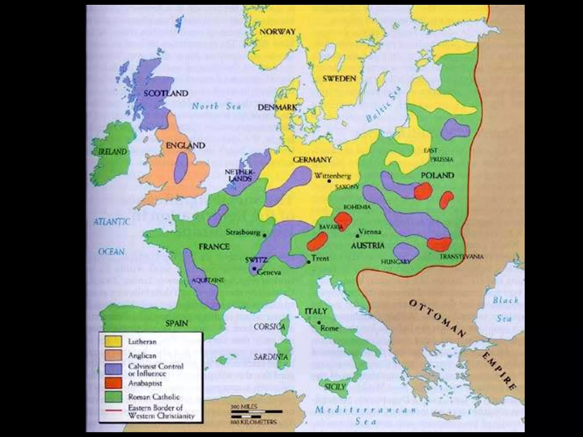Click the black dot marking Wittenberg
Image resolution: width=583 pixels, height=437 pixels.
click(x=329, y=181)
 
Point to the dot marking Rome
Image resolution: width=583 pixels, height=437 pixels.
click(x=319, y=323)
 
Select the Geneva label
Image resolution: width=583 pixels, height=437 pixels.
click(x=269, y=273)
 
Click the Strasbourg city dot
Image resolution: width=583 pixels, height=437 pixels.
click(x=264, y=235)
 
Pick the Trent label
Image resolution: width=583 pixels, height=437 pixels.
click(x=320, y=258)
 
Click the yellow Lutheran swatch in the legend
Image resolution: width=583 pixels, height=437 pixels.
click(x=113, y=341)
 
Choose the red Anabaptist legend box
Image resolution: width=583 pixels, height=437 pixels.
click(x=113, y=383)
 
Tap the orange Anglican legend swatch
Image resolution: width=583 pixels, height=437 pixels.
click(x=113, y=355)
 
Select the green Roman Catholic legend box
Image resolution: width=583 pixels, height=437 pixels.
click(x=113, y=397)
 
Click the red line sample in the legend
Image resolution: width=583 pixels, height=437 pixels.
click(x=113, y=411)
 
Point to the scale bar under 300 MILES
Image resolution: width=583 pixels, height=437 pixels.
click(x=256, y=412)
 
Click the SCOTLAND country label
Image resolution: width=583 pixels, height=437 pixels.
click(x=166, y=93)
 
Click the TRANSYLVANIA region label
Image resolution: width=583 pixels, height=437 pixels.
click(x=461, y=257)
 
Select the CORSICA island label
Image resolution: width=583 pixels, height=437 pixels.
click(x=269, y=327)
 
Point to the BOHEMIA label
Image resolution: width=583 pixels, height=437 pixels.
click(x=357, y=207)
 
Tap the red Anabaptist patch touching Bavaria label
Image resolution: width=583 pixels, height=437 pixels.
click(x=343, y=221)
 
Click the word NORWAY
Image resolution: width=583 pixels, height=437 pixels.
click(x=277, y=32)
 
